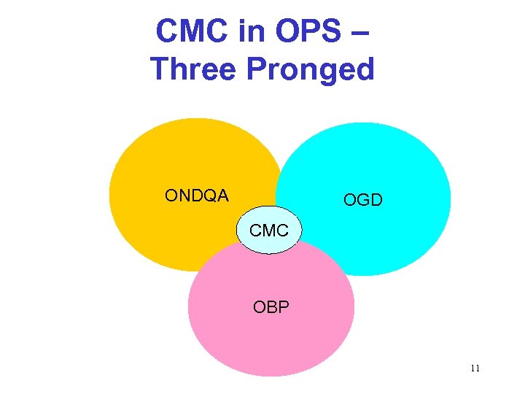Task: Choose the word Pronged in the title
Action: (311, 70)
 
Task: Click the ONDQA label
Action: (196, 196)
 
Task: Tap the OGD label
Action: (362, 200)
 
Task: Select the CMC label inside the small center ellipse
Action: (269, 231)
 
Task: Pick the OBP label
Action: (271, 307)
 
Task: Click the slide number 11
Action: (475, 368)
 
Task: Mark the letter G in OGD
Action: (362, 200)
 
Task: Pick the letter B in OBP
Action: (271, 307)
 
